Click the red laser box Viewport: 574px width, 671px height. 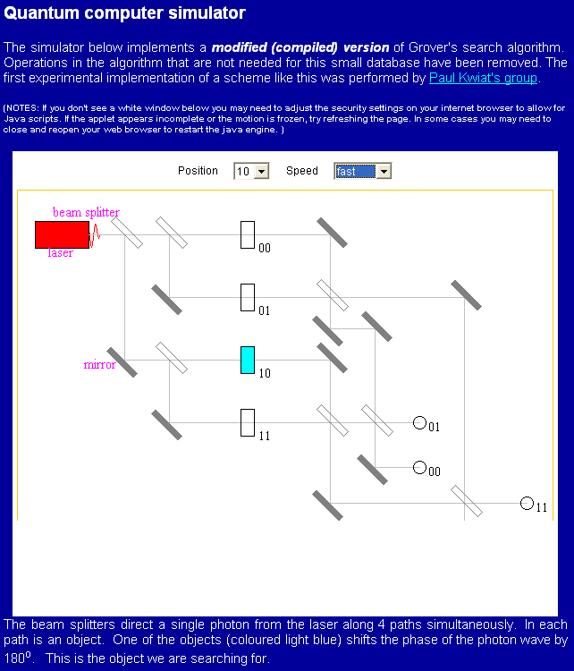pos(62,234)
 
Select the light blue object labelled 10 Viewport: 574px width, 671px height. pos(248,360)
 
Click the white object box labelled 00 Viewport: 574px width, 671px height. pos(248,234)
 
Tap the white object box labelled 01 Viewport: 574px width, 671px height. pos(248,297)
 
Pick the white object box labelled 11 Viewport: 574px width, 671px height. pos(248,422)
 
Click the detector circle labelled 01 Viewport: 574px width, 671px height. pos(419,422)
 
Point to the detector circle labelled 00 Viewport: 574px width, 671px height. pos(419,467)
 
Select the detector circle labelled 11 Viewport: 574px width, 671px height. pos(527,503)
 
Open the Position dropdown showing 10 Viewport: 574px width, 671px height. pos(250,171)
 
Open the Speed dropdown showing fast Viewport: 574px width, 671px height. pos(362,171)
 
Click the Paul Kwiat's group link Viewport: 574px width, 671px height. pos(483,78)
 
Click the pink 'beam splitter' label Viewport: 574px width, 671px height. pos(86,212)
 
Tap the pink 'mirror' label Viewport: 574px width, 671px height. pos(99,364)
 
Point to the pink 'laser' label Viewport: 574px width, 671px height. pos(61,253)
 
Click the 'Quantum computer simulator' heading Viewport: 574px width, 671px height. pos(124,13)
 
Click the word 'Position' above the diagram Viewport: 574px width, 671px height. pos(198,171)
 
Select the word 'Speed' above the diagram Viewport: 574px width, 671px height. pos(301,171)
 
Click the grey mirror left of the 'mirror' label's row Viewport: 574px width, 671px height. pos(122,361)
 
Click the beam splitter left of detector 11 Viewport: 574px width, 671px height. pos(466,501)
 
